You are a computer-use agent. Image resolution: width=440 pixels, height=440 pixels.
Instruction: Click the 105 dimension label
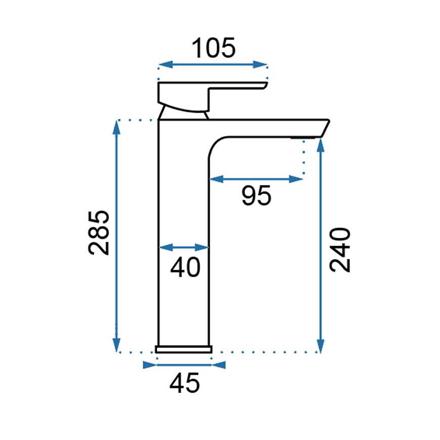(x=213, y=48)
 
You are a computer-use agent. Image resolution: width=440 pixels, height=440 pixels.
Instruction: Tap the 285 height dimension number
(x=99, y=233)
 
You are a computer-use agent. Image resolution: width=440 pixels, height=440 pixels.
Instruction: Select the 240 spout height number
(x=340, y=250)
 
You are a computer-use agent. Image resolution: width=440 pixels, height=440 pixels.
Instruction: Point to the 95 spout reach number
(x=256, y=195)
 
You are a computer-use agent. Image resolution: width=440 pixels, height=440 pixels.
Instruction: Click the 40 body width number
(x=185, y=267)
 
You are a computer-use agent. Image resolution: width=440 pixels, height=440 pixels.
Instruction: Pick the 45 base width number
(x=185, y=383)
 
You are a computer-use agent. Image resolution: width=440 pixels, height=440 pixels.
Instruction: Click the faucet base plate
(x=184, y=349)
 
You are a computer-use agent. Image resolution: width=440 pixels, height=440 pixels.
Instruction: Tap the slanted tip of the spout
(x=325, y=128)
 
